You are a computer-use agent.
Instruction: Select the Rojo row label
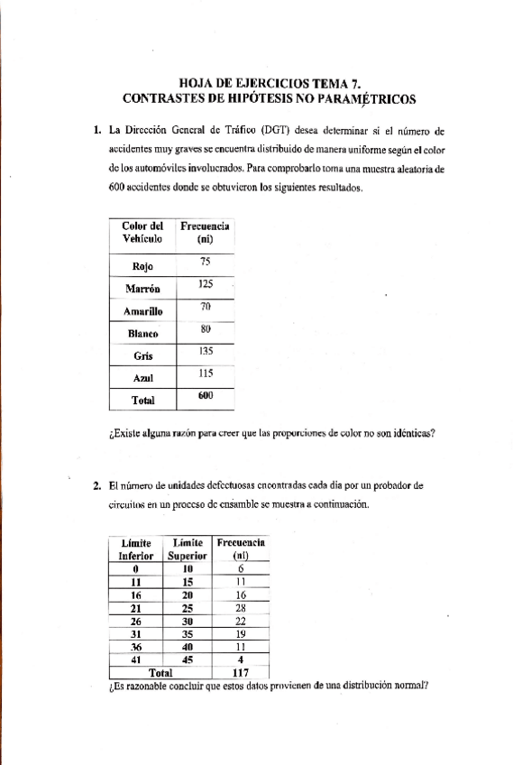pyautogui.click(x=141, y=266)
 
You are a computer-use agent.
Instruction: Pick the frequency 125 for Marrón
pyautogui.click(x=205, y=284)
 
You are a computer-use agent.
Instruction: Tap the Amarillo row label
pyautogui.click(x=141, y=311)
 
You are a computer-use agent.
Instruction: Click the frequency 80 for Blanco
pyautogui.click(x=205, y=329)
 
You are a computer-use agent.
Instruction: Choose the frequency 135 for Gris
pyautogui.click(x=205, y=352)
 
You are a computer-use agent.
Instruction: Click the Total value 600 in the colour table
pyautogui.click(x=205, y=396)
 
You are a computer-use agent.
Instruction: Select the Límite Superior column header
pyautogui.click(x=188, y=549)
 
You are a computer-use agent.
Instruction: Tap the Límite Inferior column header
pyautogui.click(x=136, y=549)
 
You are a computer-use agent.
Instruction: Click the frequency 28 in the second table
pyautogui.click(x=241, y=608)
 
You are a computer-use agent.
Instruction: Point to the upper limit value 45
pyautogui.click(x=188, y=659)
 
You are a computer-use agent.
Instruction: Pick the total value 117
pyautogui.click(x=241, y=673)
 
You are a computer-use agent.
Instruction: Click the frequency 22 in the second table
pyautogui.click(x=241, y=622)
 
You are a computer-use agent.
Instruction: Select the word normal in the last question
pyautogui.click(x=403, y=685)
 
